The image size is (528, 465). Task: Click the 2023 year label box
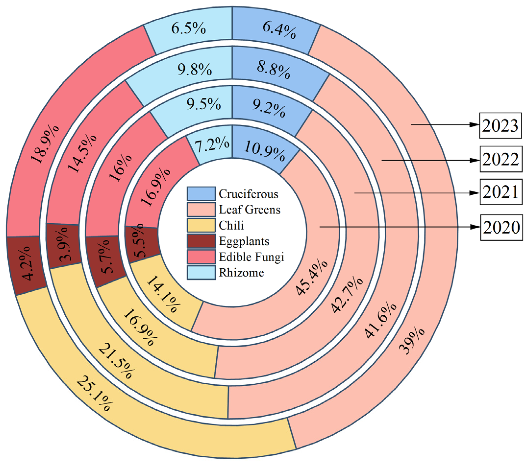pyautogui.click(x=500, y=126)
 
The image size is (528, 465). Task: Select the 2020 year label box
pyautogui.click(x=501, y=227)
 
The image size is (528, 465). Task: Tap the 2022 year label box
pyautogui.click(x=501, y=159)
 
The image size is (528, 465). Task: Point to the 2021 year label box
pyautogui.click(x=501, y=192)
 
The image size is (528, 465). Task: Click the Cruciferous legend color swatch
pyautogui.click(x=201, y=194)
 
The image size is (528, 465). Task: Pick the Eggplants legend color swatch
pyautogui.click(x=201, y=241)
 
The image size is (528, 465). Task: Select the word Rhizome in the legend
pyautogui.click(x=241, y=273)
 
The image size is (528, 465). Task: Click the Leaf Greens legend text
pyautogui.click(x=249, y=210)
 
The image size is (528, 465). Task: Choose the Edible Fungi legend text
pyautogui.click(x=251, y=257)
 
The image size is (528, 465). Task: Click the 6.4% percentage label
pyautogui.click(x=279, y=30)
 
